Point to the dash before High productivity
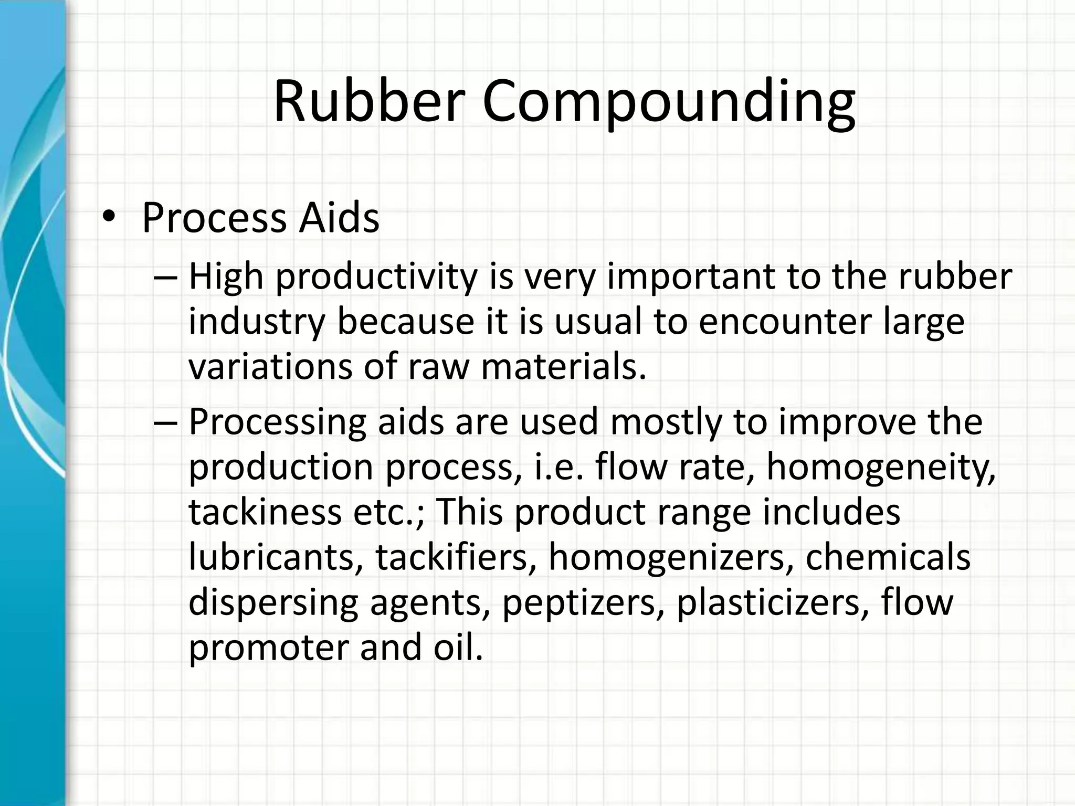click(x=166, y=278)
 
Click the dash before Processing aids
click(x=166, y=423)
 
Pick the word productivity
click(x=376, y=278)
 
